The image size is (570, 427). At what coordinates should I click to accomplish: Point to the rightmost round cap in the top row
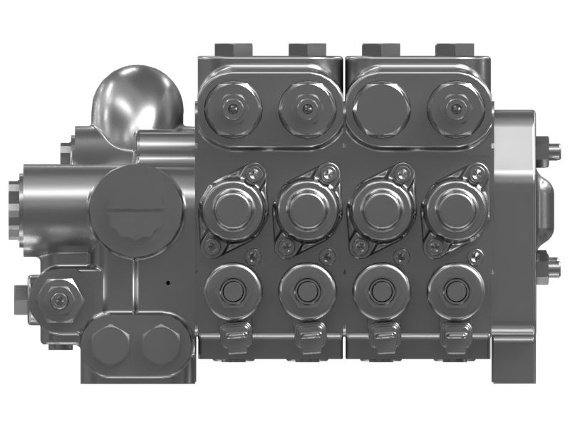pyautogui.click(x=456, y=109)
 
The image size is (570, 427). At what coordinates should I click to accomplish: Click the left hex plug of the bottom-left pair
pyautogui.click(x=110, y=344)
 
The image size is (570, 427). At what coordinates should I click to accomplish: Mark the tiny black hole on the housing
pyautogui.click(x=167, y=282)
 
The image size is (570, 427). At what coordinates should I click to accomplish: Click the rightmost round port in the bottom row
pyautogui.click(x=455, y=290)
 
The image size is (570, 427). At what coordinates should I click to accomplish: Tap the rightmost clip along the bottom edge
pyautogui.click(x=454, y=334)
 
